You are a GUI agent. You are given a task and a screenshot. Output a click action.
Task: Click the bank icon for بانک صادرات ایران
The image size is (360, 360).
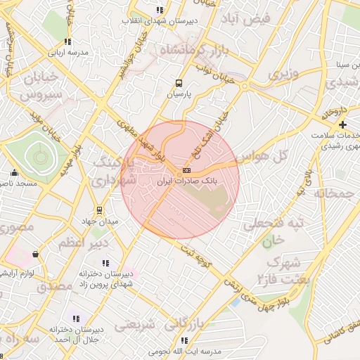coord(186,171)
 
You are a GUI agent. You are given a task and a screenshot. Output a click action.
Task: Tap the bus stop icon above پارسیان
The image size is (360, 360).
coord(179,82)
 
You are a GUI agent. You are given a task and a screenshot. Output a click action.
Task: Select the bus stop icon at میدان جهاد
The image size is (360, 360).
coord(99,210)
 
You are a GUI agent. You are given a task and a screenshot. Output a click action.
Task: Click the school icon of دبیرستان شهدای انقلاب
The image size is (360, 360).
coord(160,11)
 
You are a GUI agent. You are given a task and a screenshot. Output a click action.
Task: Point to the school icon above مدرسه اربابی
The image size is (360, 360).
coord(67,42)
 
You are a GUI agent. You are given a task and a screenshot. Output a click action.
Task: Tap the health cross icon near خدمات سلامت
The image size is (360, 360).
coord(342,124)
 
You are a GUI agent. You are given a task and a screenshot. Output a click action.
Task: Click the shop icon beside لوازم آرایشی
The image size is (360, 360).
coord(35,254)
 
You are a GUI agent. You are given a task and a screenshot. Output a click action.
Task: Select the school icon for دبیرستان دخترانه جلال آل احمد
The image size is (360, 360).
coord(76,319)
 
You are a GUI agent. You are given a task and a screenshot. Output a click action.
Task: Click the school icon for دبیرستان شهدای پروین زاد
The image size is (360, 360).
coord(105,263)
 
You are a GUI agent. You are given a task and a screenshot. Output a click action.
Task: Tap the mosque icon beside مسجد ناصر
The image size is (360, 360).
coord(14,172)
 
